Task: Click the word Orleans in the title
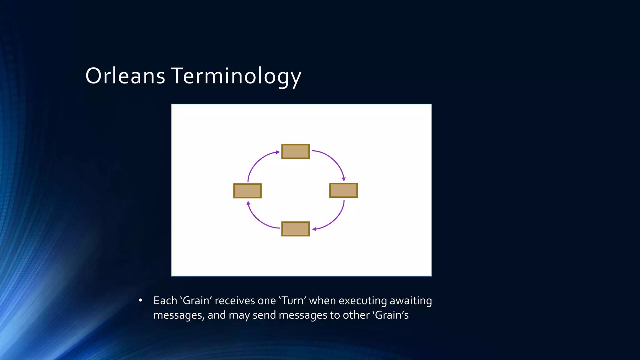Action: [125, 76]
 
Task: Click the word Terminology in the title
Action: [236, 76]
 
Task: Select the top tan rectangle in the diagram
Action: [295, 152]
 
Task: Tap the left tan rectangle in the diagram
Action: [247, 191]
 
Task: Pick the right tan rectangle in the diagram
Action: [343, 191]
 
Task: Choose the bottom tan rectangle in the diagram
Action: [295, 229]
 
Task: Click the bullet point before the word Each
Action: [140, 301]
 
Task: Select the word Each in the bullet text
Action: [165, 301]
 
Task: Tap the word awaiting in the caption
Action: [411, 301]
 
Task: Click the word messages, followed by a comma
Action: [179, 315]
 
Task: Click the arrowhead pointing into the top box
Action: [277, 152]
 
